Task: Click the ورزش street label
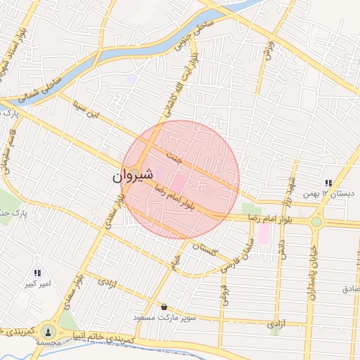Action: pos(268,51)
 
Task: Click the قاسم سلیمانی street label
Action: pos(7,152)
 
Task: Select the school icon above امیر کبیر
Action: pos(37,273)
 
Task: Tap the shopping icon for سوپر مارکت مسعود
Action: pos(164,307)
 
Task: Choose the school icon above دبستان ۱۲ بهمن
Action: pos(328,184)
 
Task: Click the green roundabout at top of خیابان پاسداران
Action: pos(316,221)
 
